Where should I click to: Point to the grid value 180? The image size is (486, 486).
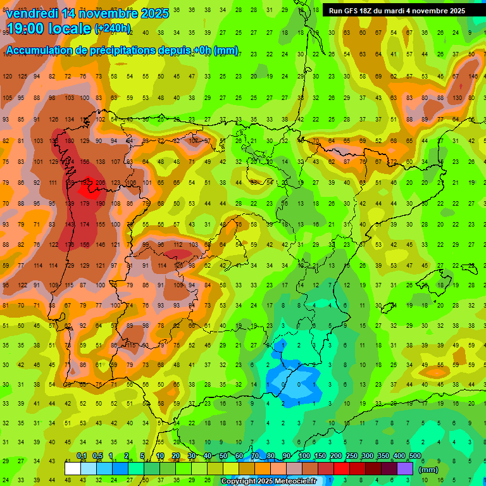click(69, 140)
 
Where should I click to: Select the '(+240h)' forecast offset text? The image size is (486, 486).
click(113, 28)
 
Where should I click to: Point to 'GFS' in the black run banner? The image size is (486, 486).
click(355, 11)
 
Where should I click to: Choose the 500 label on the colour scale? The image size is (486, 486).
click(414, 456)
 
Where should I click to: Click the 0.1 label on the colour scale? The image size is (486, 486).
click(82, 456)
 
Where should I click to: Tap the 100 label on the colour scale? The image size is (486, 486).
click(304, 456)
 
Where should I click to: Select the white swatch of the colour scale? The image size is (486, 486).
click(73, 468)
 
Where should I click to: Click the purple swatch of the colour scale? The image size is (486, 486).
click(405, 468)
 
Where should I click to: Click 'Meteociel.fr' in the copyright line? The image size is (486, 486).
click(295, 482)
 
